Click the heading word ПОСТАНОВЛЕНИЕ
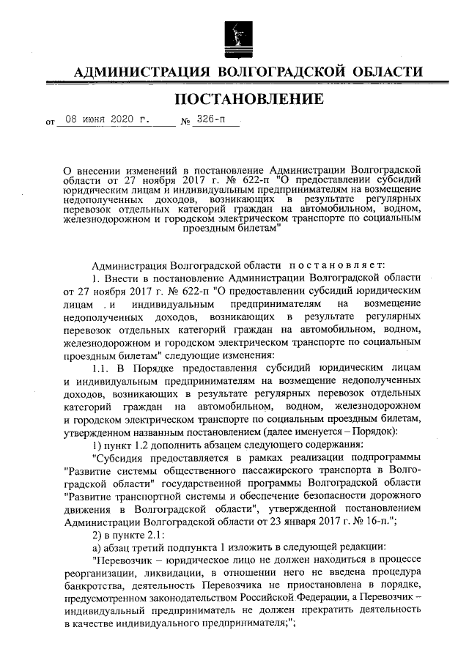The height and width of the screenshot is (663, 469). pos(248,99)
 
